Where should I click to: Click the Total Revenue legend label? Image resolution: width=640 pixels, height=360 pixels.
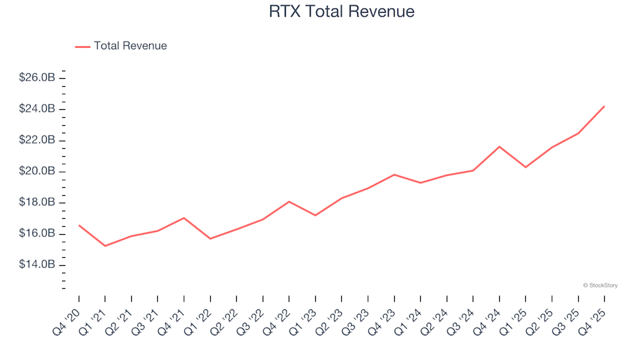[130, 46]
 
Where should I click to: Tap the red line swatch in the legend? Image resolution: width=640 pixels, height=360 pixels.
[83, 46]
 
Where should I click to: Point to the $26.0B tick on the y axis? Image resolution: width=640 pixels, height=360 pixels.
[37, 78]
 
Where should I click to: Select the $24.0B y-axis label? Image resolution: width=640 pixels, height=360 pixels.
[37, 109]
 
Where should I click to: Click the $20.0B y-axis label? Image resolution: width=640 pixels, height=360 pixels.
[37, 171]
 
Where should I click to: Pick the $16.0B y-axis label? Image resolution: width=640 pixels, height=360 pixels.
[37, 234]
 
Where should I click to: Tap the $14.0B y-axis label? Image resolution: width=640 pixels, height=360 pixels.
[37, 265]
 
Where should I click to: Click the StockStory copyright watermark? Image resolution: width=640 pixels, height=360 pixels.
[600, 285]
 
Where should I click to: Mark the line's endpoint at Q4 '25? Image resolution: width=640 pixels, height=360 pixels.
[604, 106]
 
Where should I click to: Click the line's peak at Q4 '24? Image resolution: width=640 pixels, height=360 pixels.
[499, 147]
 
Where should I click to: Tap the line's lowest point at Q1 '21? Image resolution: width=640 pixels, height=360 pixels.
[105, 246]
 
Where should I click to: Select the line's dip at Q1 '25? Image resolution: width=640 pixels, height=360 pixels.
[525, 167]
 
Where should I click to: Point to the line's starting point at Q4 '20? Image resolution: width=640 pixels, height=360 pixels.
[79, 225]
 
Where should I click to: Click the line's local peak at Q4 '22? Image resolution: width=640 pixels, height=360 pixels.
[289, 201]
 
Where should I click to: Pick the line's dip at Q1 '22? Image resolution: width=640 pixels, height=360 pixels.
[210, 239]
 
